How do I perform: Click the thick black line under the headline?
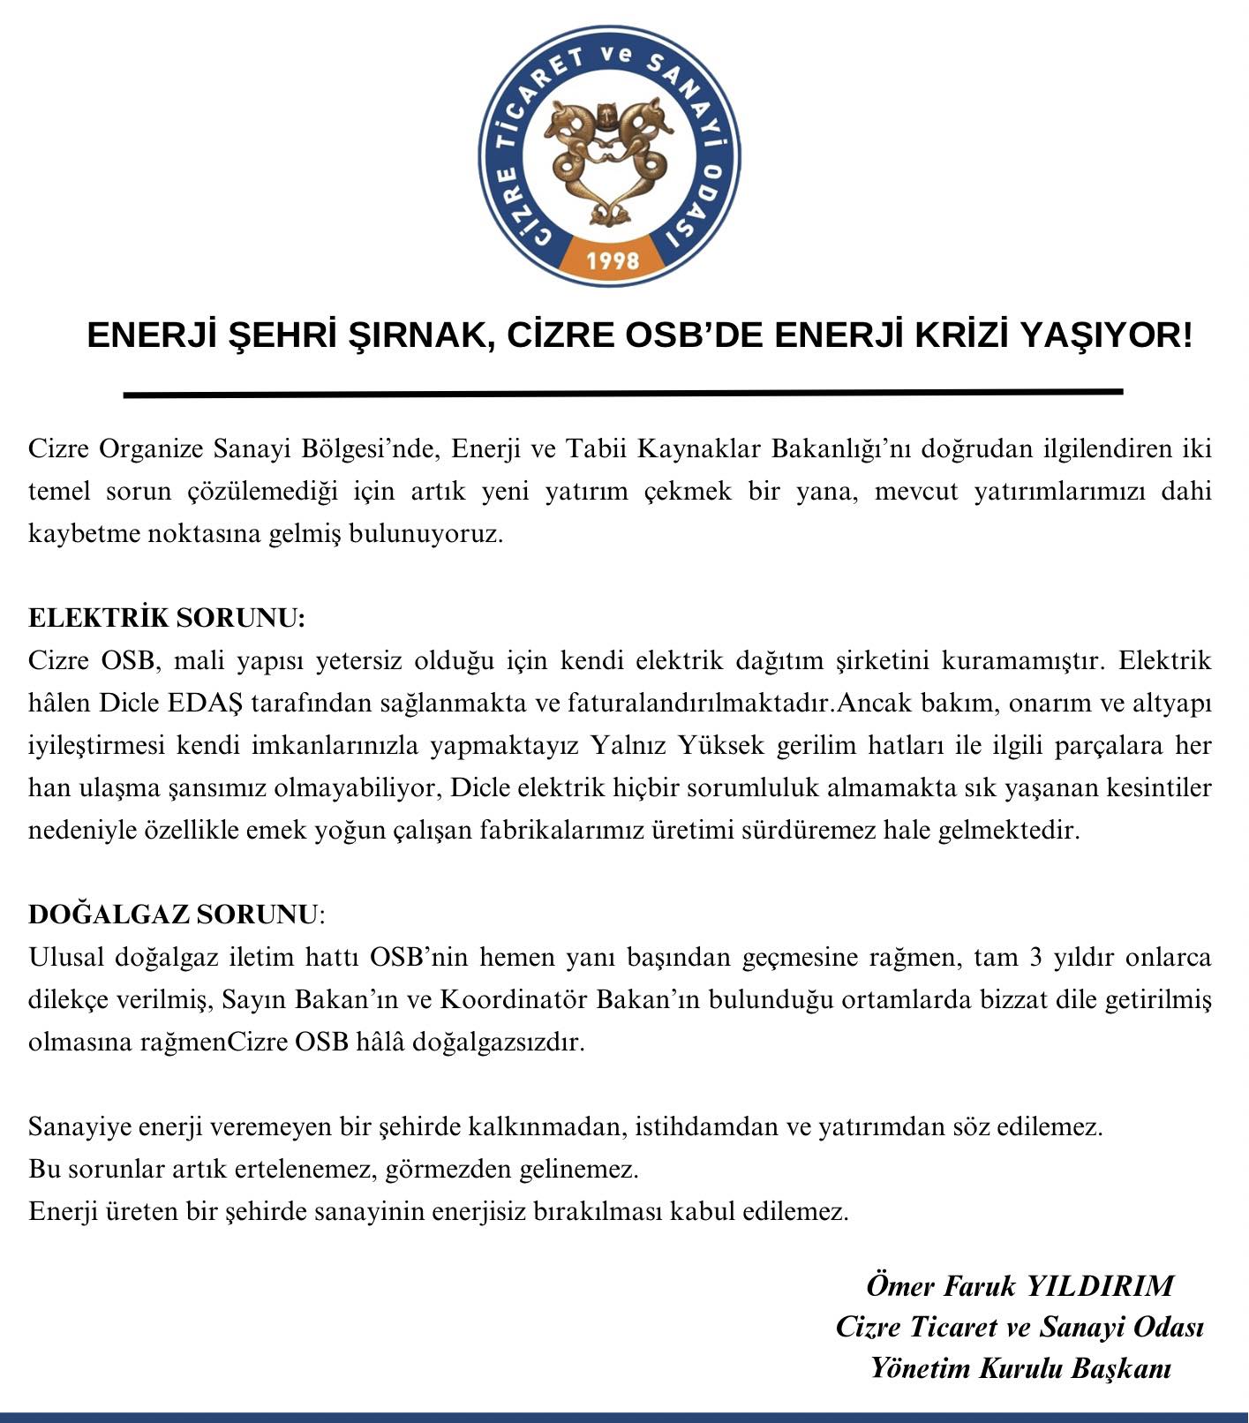click(622, 393)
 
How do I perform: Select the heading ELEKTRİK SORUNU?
click(167, 618)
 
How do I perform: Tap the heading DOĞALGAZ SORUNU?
click(172, 915)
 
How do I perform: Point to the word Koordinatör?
click(513, 999)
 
